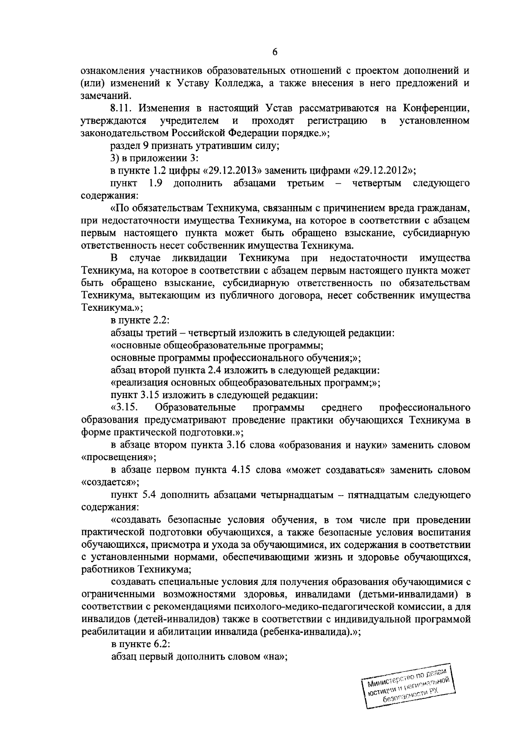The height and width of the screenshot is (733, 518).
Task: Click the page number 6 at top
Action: [x=275, y=53]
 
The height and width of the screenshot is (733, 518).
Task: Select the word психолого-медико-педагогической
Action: [x=318, y=607]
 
